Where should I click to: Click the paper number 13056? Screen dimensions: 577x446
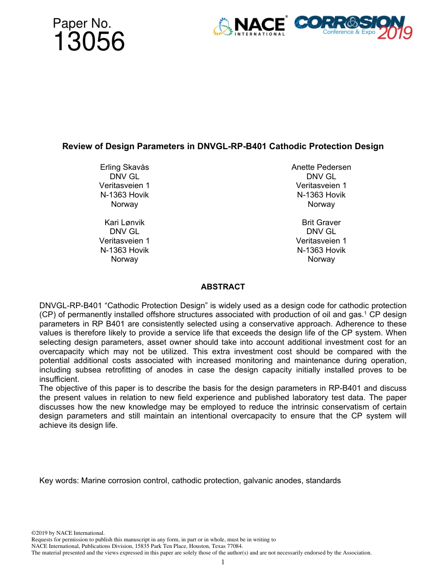(89, 42)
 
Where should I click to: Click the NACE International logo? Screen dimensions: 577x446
(249, 27)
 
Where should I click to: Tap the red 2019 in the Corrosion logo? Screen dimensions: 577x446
(395, 33)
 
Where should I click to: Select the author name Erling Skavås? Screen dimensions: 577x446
(124, 167)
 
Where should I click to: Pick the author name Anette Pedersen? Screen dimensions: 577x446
(321, 167)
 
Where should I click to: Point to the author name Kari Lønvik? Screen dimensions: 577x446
(124, 222)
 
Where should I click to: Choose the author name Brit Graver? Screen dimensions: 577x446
(321, 222)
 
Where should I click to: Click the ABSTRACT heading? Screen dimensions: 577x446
(223, 287)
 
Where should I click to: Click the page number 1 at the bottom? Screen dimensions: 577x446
(223, 562)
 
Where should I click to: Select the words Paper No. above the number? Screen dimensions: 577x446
(82, 23)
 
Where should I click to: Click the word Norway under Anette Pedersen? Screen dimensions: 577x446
(321, 204)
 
